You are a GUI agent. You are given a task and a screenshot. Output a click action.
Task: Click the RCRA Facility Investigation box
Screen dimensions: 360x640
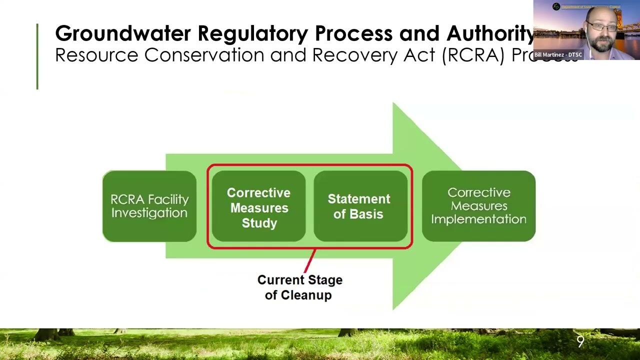coord(149,206)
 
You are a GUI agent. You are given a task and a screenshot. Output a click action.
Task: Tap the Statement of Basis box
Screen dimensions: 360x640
coord(360,206)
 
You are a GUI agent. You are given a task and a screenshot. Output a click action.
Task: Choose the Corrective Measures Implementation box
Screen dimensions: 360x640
coord(478,206)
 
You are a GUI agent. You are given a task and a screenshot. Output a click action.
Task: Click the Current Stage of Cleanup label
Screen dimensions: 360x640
coord(299,287)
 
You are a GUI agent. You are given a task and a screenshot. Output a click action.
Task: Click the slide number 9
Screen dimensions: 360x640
coord(580,341)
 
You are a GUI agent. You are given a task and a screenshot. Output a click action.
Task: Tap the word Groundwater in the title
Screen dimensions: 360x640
coord(123,33)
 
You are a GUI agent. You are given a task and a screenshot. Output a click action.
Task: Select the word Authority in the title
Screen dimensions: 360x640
coord(490,33)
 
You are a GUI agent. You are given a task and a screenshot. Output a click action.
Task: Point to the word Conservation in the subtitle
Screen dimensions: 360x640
coord(204,55)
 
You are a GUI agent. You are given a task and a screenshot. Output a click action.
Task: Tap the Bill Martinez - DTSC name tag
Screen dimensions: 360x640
coord(558,54)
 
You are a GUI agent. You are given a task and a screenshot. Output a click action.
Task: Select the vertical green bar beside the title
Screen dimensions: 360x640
coord(37,56)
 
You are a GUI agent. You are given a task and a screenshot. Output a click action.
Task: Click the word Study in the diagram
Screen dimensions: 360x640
coord(259,223)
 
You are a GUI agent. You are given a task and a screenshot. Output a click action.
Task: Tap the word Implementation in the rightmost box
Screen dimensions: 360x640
coord(478,219)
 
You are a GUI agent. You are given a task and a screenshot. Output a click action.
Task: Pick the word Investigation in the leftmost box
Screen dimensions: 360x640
coord(149,213)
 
